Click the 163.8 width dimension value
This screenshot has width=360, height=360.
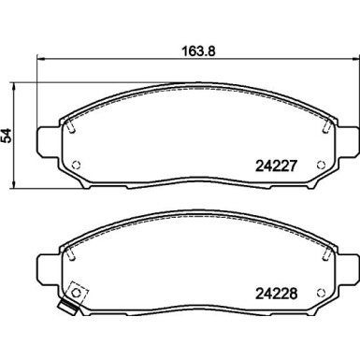coord(198,50)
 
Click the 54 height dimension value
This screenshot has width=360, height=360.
coord(7,136)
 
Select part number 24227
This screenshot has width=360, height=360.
coord(276,166)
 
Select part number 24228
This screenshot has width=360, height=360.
coord(276,294)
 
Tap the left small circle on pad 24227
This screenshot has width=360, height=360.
coord(76,165)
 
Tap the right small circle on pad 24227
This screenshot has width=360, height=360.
coord(321,165)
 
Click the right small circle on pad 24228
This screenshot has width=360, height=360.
coord(321,293)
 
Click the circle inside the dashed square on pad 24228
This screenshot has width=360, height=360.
coord(76,293)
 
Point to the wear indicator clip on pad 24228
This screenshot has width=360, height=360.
coord(68,307)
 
